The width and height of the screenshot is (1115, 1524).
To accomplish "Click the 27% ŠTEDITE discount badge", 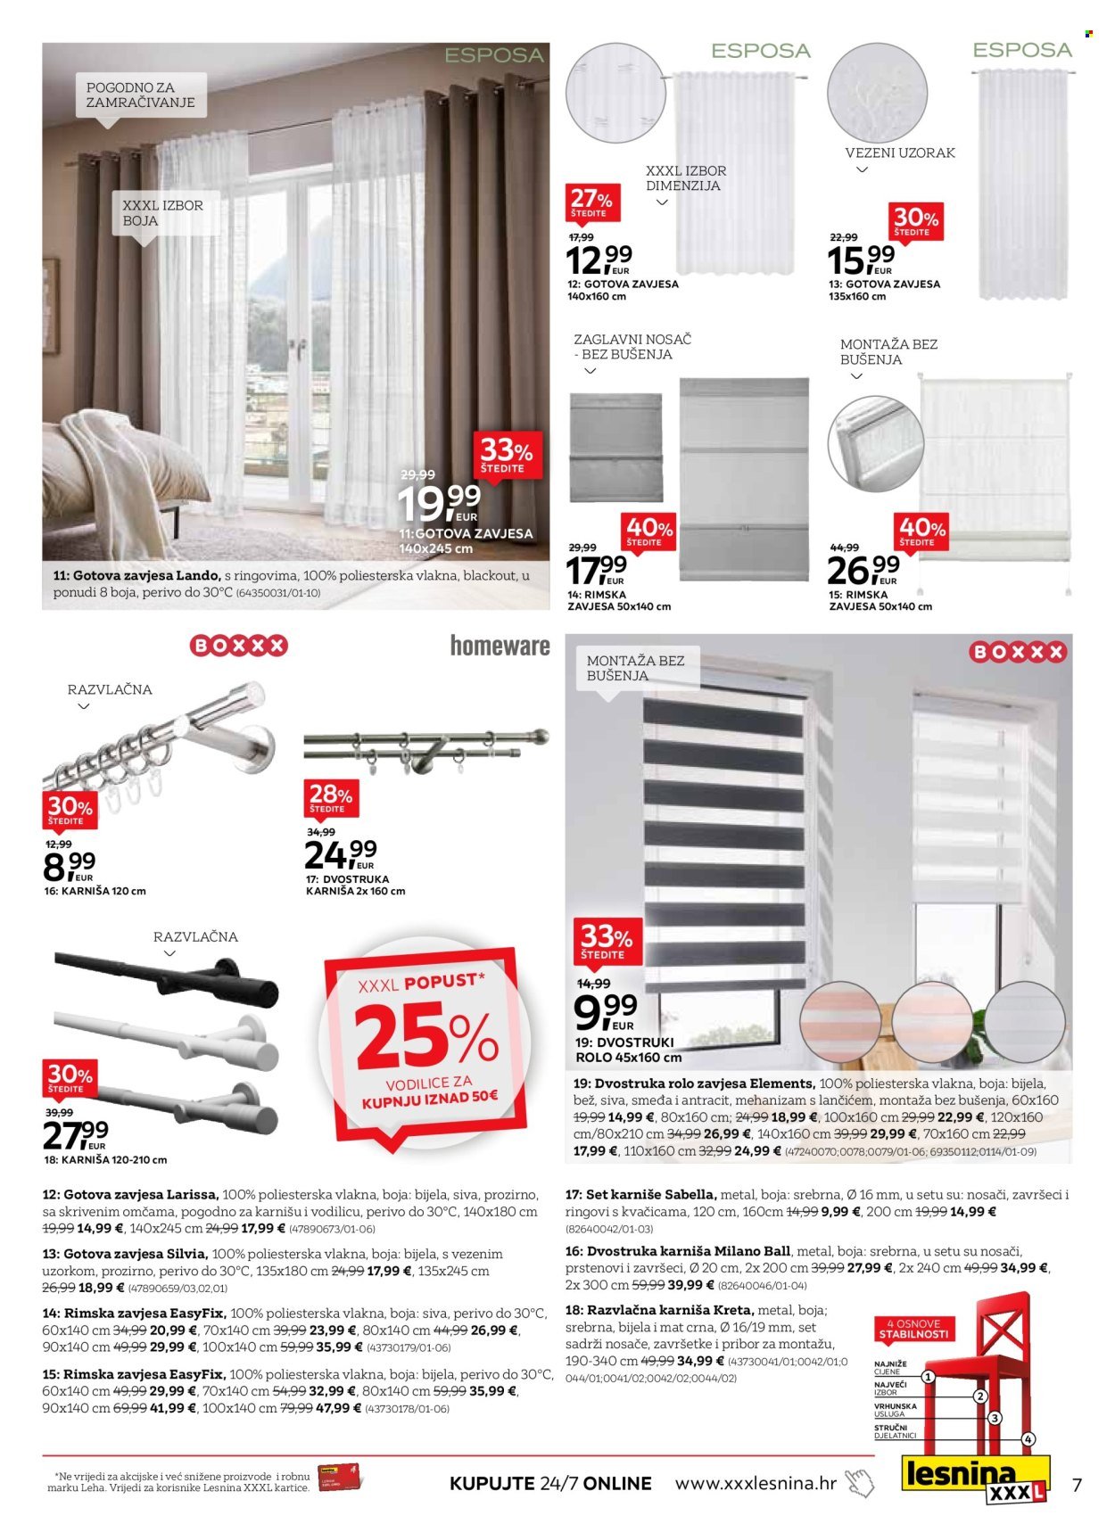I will [591, 203].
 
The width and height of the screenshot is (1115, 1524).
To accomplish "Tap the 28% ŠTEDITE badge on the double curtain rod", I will [330, 797].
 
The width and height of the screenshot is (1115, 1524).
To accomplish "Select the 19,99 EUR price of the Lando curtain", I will [439, 505].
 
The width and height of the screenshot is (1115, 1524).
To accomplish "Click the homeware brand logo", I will [500, 646].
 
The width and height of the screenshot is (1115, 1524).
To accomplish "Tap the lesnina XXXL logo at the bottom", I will [971, 1479].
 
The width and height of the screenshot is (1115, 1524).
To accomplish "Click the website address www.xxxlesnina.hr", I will [756, 1483].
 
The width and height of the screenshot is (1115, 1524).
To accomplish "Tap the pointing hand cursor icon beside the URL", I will [860, 1483].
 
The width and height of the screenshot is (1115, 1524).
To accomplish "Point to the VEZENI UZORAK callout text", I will [900, 152].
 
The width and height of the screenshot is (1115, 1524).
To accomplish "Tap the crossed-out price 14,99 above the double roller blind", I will [593, 984].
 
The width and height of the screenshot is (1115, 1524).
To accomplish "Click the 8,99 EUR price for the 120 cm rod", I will [69, 863].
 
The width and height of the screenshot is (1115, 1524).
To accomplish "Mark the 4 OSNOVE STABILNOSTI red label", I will [913, 1329].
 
